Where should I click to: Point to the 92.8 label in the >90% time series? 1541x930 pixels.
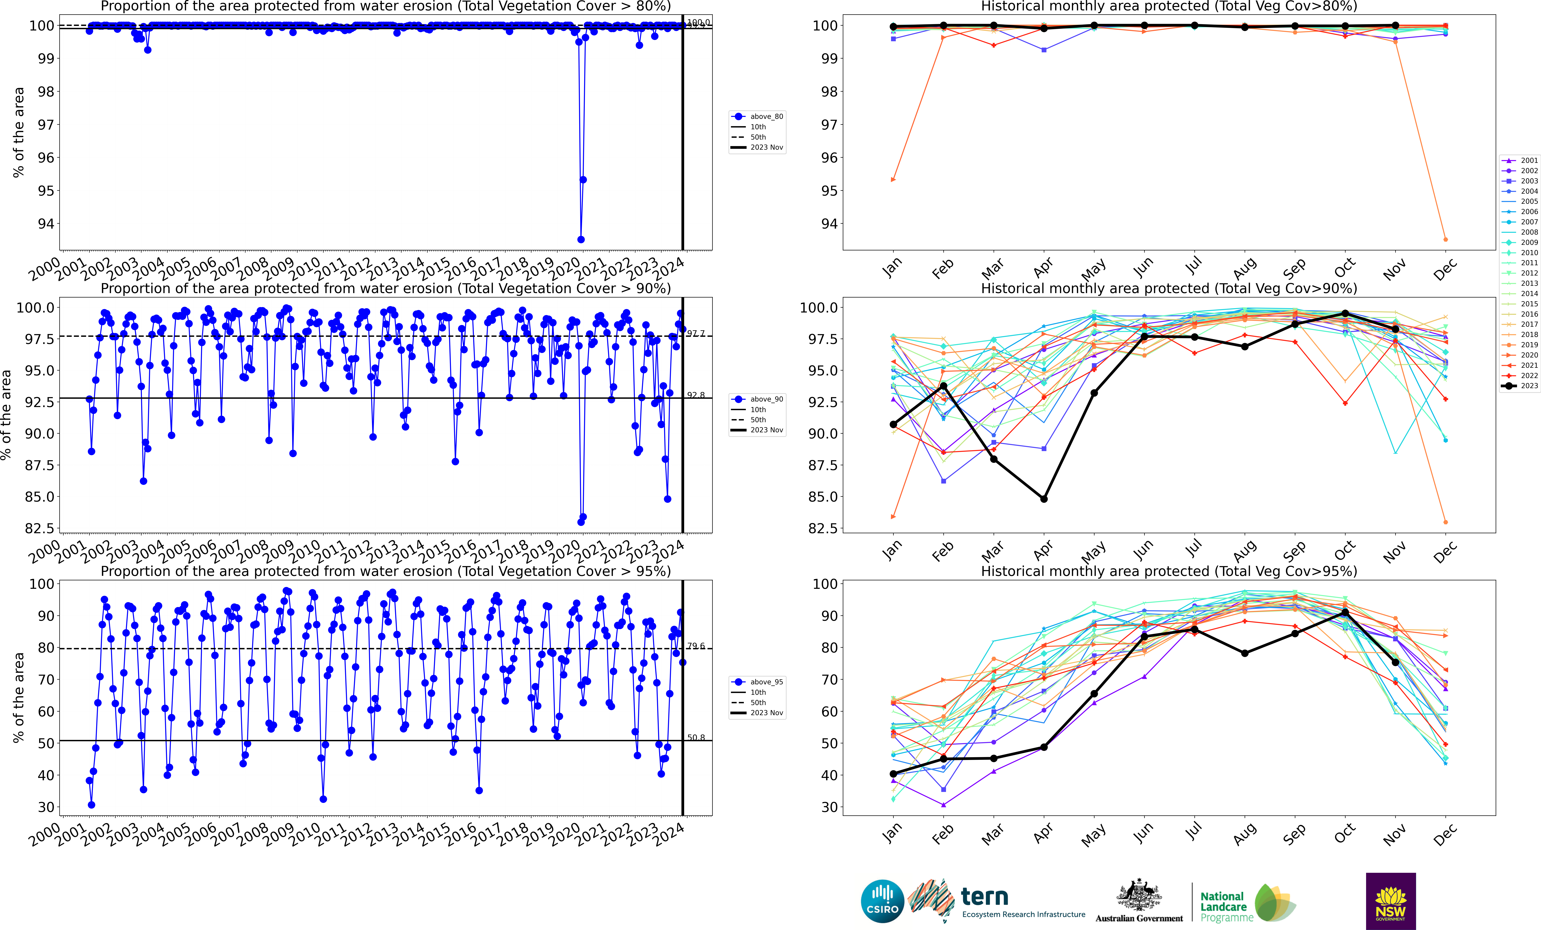pyautogui.click(x=695, y=395)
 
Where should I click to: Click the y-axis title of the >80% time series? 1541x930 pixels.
pyautogui.click(x=19, y=132)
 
